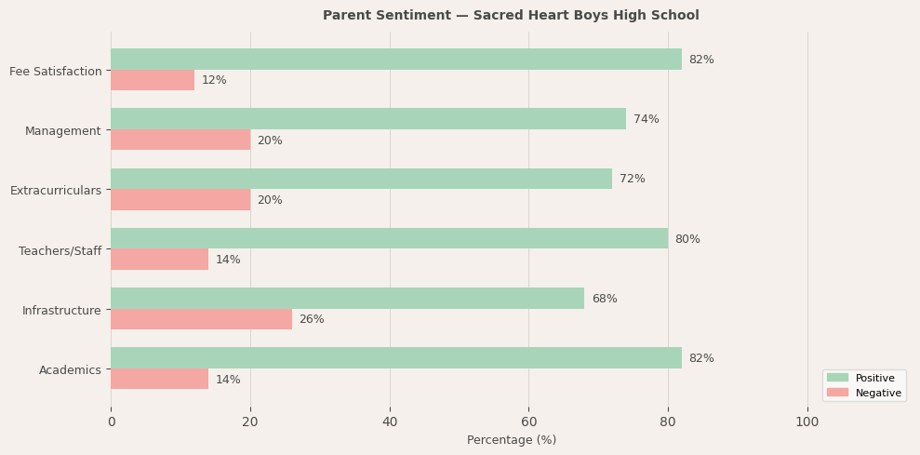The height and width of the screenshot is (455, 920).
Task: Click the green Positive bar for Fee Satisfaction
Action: coord(395,60)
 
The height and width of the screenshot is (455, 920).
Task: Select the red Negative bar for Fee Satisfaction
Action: coord(153,81)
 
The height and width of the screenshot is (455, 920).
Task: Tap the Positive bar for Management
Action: coord(368,119)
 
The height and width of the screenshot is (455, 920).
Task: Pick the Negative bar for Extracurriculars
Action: coord(180,200)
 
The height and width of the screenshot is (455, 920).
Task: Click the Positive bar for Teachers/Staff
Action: coord(389,239)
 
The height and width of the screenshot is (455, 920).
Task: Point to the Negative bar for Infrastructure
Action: coord(201,319)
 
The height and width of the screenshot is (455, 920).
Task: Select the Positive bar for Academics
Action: coord(395,358)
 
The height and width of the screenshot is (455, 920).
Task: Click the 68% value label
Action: coord(604,299)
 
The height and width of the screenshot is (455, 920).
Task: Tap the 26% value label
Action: coord(312,319)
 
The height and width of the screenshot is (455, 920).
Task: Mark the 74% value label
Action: coord(646,119)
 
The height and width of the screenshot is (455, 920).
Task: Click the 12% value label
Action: coord(214,81)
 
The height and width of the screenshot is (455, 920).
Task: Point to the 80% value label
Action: coord(687,239)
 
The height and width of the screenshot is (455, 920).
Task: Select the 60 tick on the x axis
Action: coord(528,422)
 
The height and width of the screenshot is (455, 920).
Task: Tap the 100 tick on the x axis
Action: coord(807,422)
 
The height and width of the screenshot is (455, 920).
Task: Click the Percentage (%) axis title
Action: coord(511,440)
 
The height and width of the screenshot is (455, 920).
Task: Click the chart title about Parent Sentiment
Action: coord(511,16)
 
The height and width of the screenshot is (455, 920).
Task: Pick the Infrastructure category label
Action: coord(61,310)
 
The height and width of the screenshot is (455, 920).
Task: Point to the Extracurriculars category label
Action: coord(56,191)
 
